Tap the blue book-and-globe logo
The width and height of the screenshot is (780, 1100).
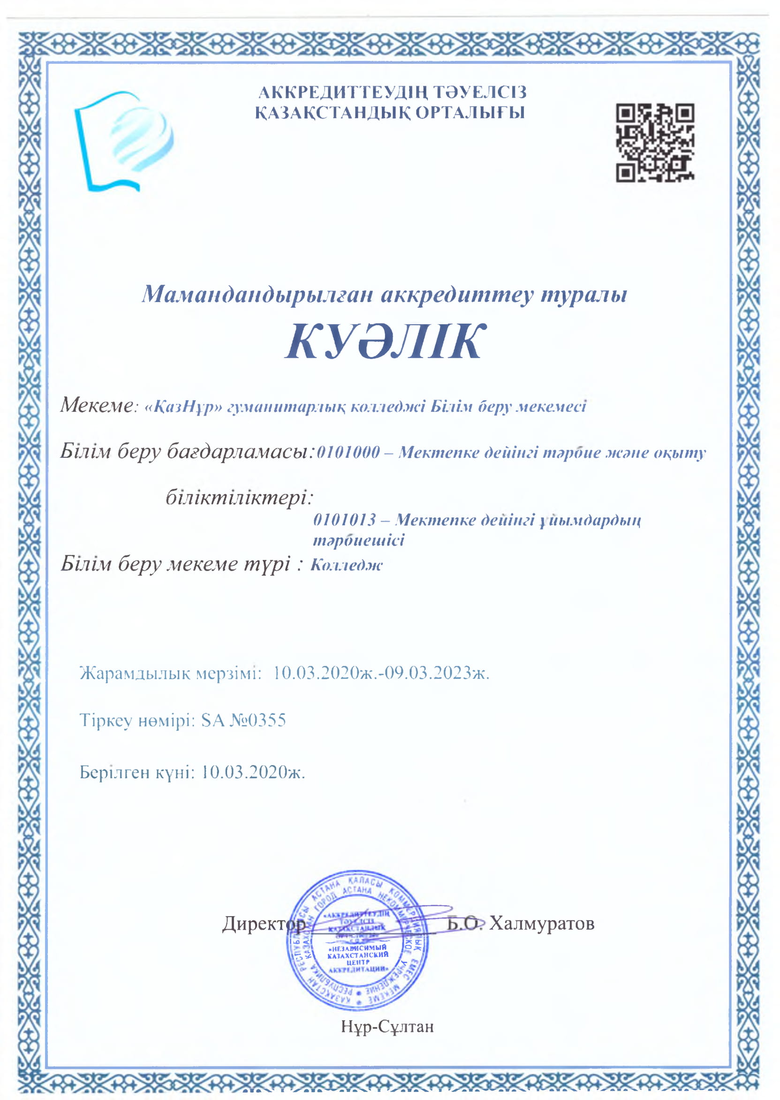click(x=124, y=141)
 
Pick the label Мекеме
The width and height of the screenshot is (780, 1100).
click(x=96, y=405)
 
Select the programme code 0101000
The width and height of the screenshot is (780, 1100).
click(x=348, y=452)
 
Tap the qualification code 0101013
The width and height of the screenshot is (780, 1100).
click(x=344, y=519)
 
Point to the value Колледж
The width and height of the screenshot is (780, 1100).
click(x=346, y=564)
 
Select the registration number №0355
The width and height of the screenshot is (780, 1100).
click(x=257, y=720)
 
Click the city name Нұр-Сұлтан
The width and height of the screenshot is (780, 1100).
click(x=387, y=1026)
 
